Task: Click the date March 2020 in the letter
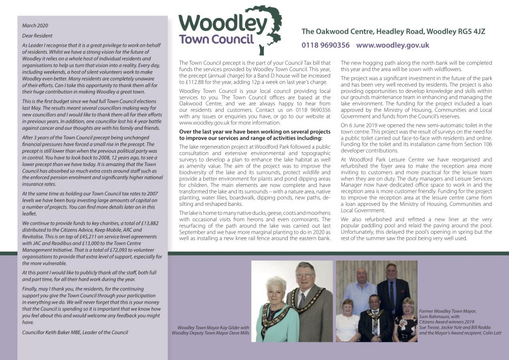[x=36, y=25]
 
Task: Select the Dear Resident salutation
[x=38, y=35]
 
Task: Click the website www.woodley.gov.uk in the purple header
[x=393, y=45]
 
